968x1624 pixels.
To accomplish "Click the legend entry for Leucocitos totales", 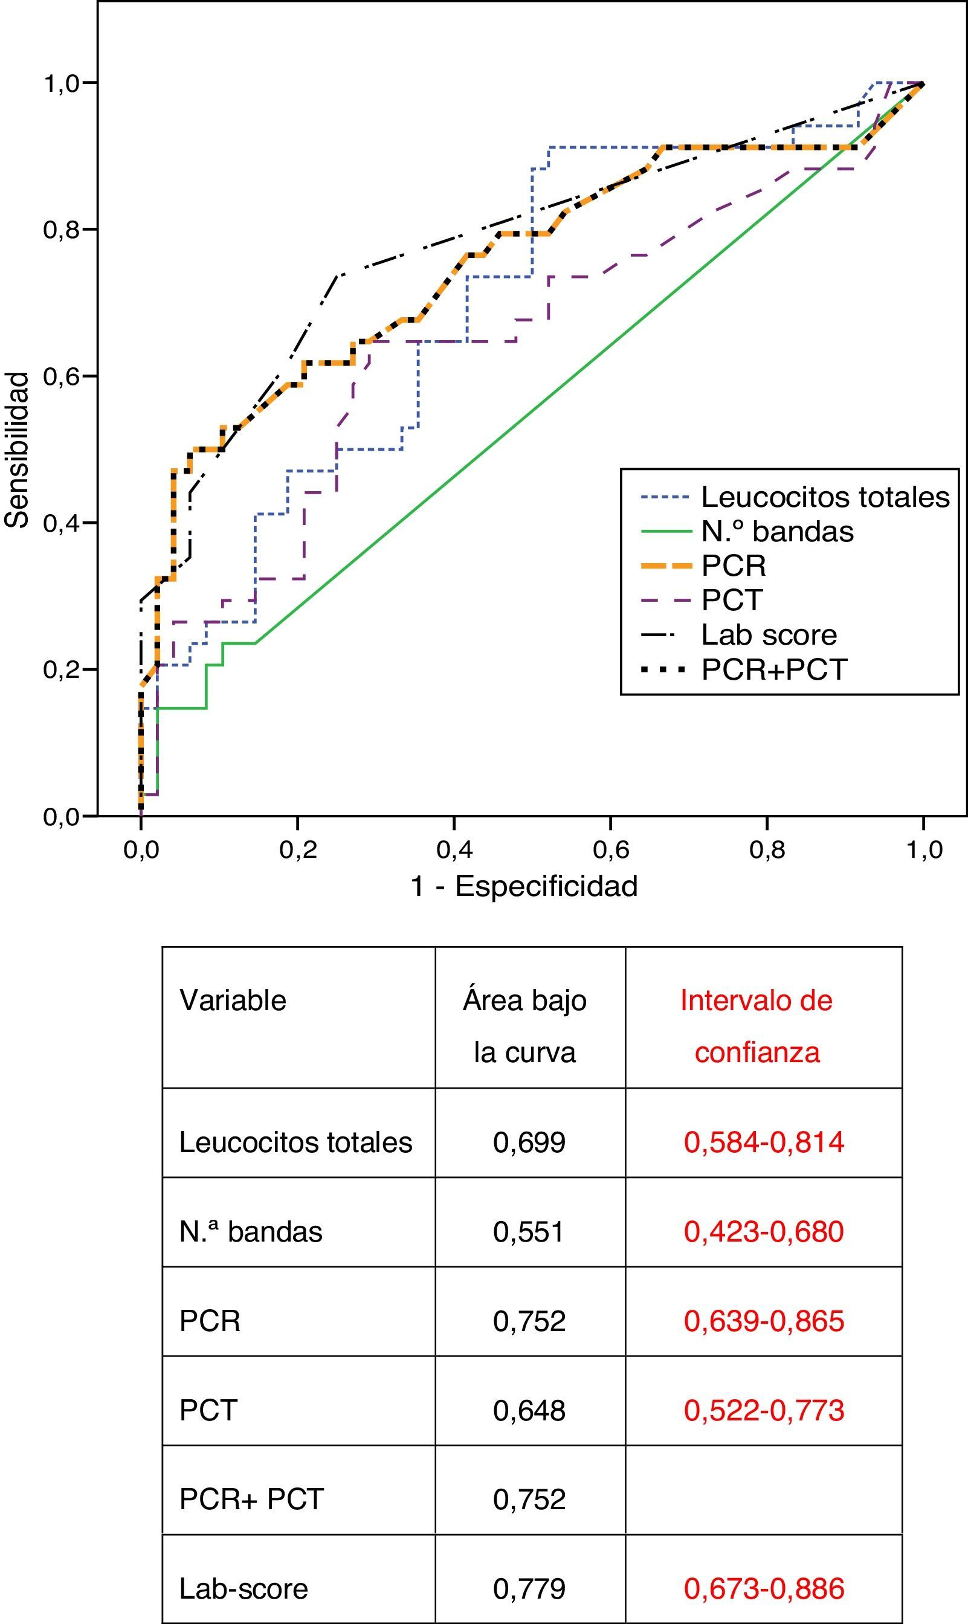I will click(x=825, y=497).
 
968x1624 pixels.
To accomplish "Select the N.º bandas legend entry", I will click(x=777, y=532).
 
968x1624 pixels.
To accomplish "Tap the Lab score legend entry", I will click(x=769, y=634).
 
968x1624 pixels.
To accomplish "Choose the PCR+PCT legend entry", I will click(x=773, y=669).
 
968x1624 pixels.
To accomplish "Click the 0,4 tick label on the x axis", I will click(x=454, y=849).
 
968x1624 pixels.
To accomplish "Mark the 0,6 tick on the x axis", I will click(x=610, y=849).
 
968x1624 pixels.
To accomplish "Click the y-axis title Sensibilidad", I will click(x=18, y=450).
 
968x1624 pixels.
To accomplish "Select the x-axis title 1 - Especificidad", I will click(x=524, y=886).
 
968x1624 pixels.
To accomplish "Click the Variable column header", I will click(x=233, y=1000).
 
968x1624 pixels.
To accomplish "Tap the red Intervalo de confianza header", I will click(x=757, y=1026).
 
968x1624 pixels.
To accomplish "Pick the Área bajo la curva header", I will click(x=524, y=1026).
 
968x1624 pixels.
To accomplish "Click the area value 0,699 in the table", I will click(x=529, y=1142).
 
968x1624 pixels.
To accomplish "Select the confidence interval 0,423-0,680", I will click(x=764, y=1231).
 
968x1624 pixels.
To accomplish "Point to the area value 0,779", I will click(x=529, y=1588).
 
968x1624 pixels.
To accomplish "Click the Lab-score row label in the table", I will click(x=244, y=1588).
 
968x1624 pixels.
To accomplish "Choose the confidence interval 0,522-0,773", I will click(x=764, y=1410).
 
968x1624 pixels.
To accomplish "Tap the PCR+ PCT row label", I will click(x=251, y=1499).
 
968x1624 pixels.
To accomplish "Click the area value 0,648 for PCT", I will click(x=529, y=1410).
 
